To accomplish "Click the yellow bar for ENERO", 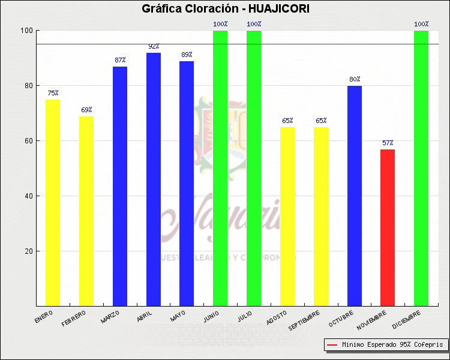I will (x=53, y=202).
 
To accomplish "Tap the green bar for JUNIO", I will (x=220, y=168).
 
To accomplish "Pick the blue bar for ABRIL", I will (x=154, y=179).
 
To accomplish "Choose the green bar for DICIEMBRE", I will (x=421, y=168).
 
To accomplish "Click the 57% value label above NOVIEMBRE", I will (x=388, y=143).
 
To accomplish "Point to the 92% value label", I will (x=154, y=46).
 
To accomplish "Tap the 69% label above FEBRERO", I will (x=86, y=110).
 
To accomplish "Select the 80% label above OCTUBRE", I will (x=354, y=79).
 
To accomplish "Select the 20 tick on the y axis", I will (x=28, y=251).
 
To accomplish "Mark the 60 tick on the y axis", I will (x=28, y=141).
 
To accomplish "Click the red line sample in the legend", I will (x=332, y=345).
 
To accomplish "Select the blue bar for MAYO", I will (x=187, y=184).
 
